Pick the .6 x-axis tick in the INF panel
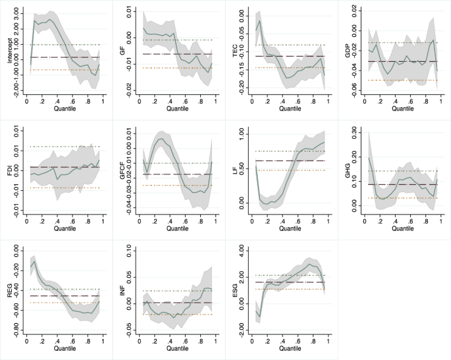point(186,341)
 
